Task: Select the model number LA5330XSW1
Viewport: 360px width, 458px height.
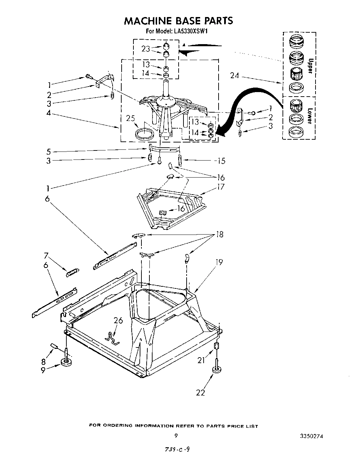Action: [191, 31]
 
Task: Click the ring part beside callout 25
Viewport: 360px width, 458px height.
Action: [144, 133]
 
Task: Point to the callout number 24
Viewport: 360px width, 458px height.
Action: [235, 75]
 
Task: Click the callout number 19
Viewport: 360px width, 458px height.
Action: [219, 262]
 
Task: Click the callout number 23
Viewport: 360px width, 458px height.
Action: [146, 49]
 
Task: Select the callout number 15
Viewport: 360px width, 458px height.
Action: [220, 161]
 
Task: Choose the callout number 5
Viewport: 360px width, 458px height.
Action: [48, 152]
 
